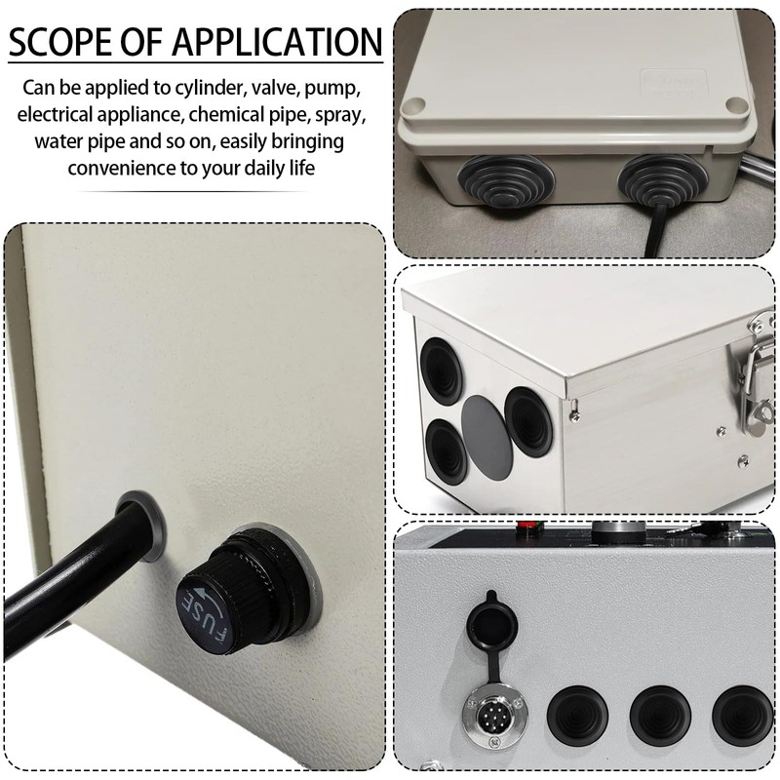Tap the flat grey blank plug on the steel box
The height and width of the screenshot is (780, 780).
487,439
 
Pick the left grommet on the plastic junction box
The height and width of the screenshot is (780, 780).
504,181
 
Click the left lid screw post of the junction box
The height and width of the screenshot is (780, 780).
413,106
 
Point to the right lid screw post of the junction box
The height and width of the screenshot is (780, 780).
737,104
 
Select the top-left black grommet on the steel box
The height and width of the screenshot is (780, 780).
442,371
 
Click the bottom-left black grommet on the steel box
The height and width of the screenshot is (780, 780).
447,451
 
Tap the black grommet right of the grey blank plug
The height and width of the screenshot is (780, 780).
528,422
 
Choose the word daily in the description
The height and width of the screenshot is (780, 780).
259,168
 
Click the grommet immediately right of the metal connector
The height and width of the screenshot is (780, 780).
577,716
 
